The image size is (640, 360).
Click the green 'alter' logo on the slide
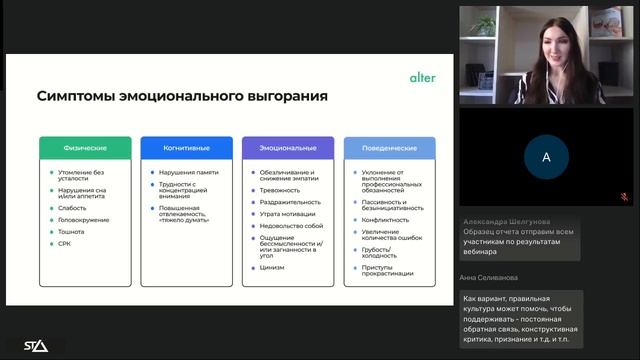(x=422, y=76)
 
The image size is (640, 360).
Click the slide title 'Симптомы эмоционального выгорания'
(x=183, y=97)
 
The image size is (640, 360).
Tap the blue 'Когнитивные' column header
(x=186, y=147)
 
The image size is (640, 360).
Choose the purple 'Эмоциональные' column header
(x=288, y=147)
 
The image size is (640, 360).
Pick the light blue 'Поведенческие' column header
(x=390, y=147)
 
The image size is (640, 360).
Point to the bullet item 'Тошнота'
(x=73, y=232)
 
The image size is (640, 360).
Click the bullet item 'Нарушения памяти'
(x=190, y=172)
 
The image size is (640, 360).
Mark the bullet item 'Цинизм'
(x=272, y=267)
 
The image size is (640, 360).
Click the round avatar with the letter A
(x=546, y=157)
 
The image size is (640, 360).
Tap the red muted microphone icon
(x=624, y=197)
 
